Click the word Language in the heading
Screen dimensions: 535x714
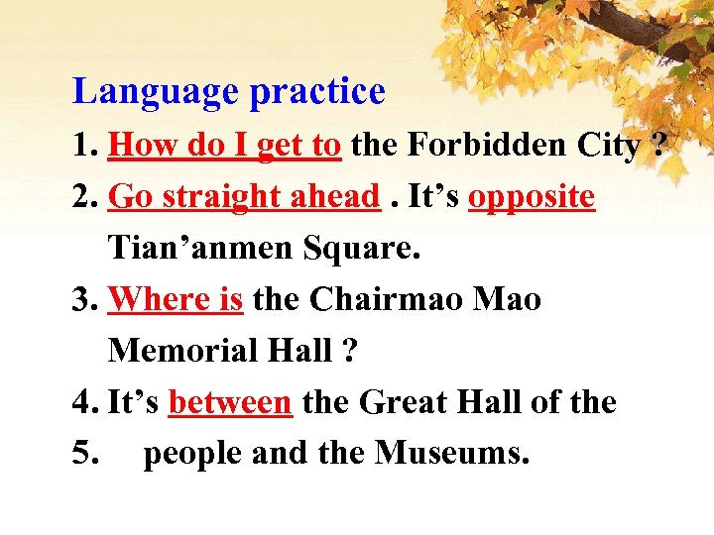pyautogui.click(x=157, y=92)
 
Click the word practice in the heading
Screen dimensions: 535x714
pyautogui.click(x=317, y=92)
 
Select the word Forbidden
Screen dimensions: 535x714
pyautogui.click(x=477, y=146)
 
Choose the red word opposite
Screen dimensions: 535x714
pyautogui.click(x=531, y=197)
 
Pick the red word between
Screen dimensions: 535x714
pyautogui.click(x=230, y=402)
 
